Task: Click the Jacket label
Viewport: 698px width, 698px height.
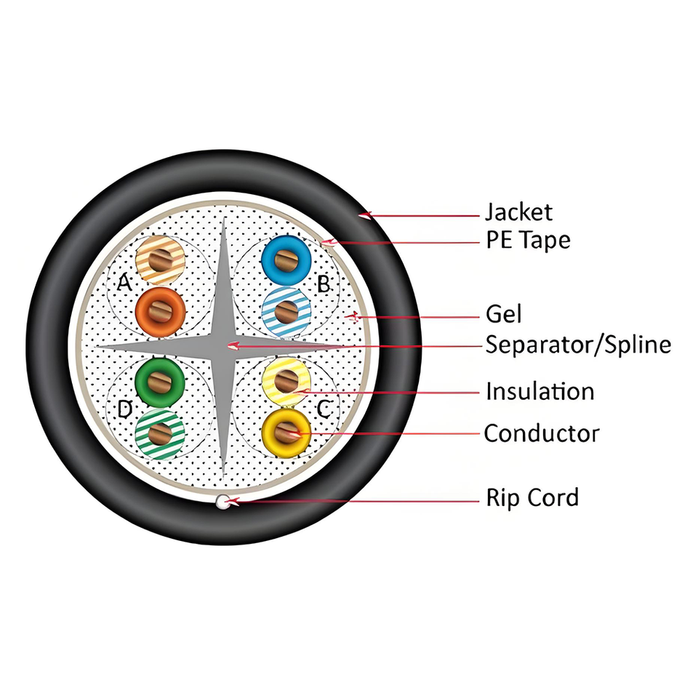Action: click(x=518, y=212)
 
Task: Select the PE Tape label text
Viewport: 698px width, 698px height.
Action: click(x=528, y=240)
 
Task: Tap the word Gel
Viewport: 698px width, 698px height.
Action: click(x=503, y=315)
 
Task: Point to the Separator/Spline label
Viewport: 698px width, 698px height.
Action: click(x=578, y=344)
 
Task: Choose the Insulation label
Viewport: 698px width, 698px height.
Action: click(x=539, y=392)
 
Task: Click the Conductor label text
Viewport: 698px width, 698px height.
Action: click(x=542, y=433)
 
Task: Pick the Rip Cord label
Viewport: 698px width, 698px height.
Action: click(x=532, y=498)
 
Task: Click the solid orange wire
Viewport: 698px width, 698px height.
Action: click(x=161, y=311)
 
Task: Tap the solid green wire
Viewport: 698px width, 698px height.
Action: click(x=161, y=379)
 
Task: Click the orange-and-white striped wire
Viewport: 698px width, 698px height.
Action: click(x=161, y=260)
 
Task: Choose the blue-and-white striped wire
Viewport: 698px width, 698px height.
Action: click(x=286, y=311)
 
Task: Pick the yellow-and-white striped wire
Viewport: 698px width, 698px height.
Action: click(x=286, y=379)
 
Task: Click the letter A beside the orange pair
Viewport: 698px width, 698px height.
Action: click(x=125, y=284)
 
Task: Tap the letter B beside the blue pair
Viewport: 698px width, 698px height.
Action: click(x=324, y=284)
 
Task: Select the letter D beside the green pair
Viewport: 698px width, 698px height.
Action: click(x=125, y=409)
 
